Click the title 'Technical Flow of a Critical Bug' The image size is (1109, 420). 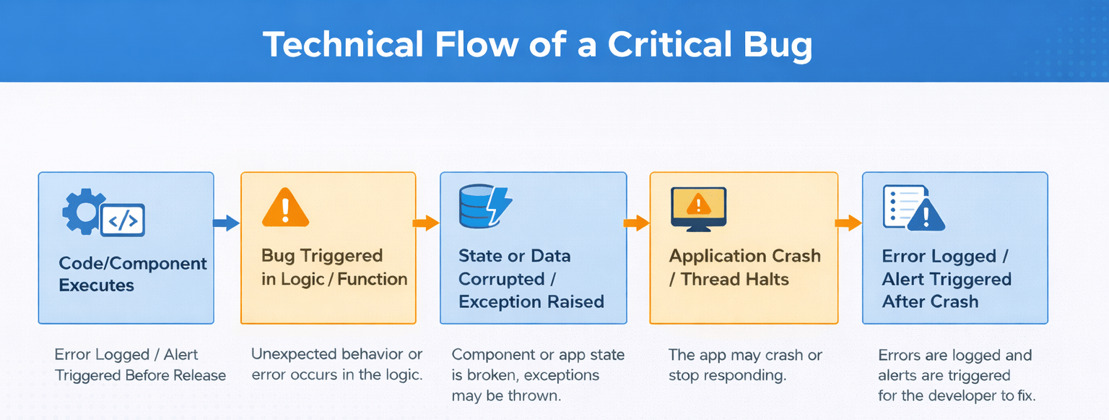(x=537, y=45)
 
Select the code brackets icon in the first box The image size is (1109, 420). (x=123, y=220)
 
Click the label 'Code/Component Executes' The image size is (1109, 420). (x=132, y=274)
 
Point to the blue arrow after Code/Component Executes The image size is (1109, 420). (x=227, y=223)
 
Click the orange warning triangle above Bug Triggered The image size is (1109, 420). (x=285, y=207)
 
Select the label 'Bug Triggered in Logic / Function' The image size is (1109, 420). (x=334, y=267)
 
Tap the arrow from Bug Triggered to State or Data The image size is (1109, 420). (x=427, y=223)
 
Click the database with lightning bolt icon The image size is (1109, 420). (x=484, y=207)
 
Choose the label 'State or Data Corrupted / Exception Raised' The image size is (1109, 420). (x=531, y=279)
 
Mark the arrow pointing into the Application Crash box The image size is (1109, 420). (x=637, y=223)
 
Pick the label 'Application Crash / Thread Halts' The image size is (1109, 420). (x=744, y=267)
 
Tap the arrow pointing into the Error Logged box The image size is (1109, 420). (x=849, y=223)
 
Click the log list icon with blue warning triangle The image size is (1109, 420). (x=913, y=207)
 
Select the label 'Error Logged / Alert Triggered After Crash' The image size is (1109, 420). (x=946, y=279)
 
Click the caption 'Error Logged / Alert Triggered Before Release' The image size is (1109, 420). (x=140, y=365)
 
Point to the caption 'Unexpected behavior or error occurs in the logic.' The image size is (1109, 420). (x=336, y=364)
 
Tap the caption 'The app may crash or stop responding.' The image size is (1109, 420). (x=745, y=365)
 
